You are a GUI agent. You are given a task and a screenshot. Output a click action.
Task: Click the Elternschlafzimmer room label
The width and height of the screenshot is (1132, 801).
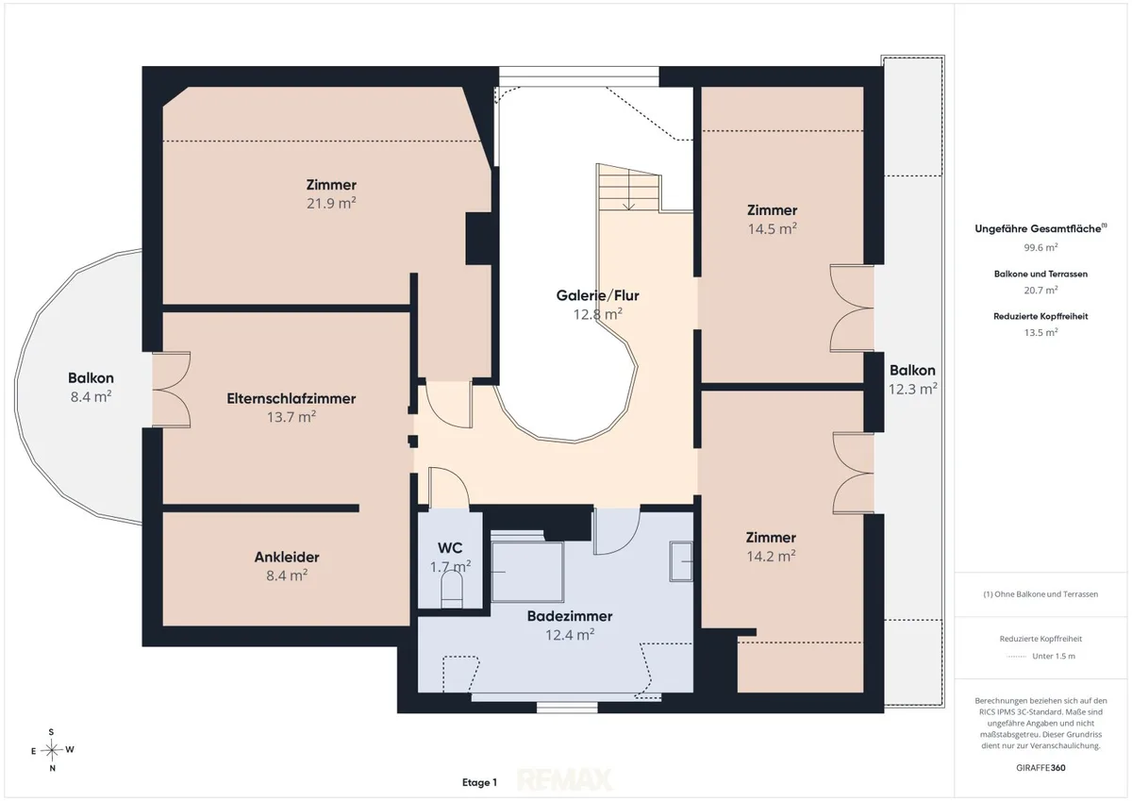click(291, 398)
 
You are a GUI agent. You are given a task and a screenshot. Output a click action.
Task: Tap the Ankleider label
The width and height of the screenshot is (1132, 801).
click(287, 557)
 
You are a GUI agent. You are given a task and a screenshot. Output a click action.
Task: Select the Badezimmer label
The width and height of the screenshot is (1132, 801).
click(570, 616)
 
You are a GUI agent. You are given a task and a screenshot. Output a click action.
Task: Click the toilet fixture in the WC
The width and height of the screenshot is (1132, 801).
click(452, 592)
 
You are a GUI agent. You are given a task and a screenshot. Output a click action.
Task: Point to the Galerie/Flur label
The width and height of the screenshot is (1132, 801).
click(598, 295)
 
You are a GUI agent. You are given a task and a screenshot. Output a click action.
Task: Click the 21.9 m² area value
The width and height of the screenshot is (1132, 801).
click(331, 203)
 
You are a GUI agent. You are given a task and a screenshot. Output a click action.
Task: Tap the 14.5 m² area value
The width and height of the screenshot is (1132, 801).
click(773, 228)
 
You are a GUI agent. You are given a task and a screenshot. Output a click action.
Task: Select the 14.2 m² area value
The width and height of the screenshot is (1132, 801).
click(772, 556)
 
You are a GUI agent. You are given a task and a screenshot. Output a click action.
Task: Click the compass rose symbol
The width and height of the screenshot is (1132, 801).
click(52, 750)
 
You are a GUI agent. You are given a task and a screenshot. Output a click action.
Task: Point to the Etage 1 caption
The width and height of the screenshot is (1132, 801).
click(479, 782)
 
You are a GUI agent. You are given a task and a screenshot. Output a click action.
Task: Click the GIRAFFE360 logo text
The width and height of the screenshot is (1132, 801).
click(1040, 768)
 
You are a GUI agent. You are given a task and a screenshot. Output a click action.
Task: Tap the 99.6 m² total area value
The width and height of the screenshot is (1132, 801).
click(1040, 247)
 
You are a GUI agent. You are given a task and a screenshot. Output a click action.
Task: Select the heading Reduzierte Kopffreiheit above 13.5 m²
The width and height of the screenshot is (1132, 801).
click(1040, 316)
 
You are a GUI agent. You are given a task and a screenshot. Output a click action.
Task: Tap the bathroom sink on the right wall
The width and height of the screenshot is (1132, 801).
click(681, 561)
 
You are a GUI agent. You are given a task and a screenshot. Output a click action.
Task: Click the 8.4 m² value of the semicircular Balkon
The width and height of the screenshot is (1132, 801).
click(91, 396)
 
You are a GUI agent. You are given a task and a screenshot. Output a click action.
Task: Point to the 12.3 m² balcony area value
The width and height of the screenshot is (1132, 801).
click(913, 389)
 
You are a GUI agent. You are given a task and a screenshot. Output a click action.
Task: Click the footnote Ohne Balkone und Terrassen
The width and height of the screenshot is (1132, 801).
click(1040, 594)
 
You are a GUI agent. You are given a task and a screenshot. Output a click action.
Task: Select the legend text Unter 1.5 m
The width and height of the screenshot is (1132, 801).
click(1054, 656)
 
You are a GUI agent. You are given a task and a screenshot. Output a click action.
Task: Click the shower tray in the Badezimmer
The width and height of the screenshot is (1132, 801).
click(527, 572)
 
